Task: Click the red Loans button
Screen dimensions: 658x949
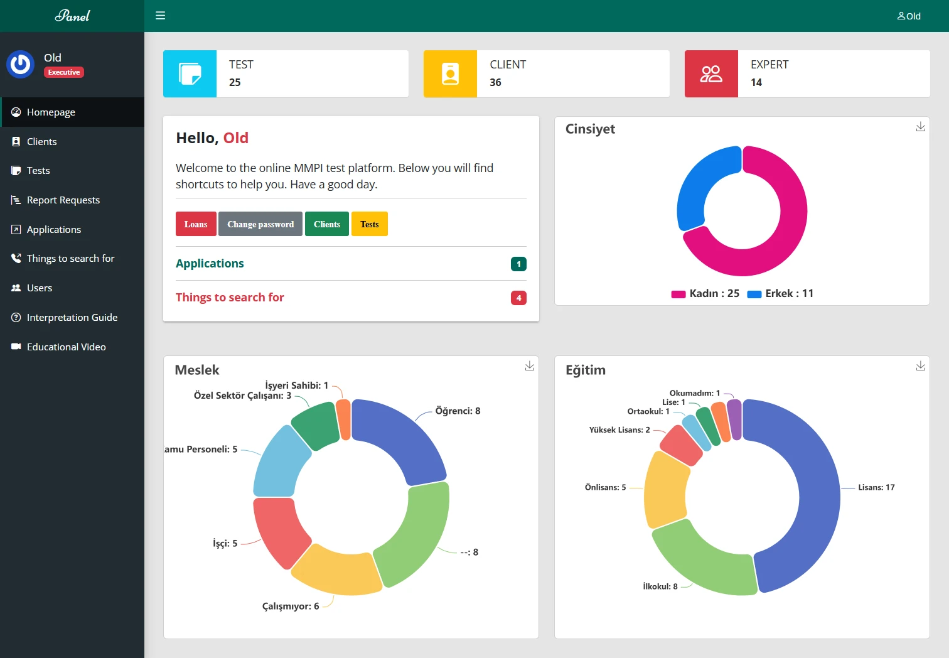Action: point(196,224)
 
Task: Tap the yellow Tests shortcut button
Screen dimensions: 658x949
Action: point(370,224)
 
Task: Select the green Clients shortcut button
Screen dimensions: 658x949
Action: point(326,224)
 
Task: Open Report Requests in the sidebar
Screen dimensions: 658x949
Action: point(63,200)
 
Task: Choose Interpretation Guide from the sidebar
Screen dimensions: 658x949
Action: point(72,318)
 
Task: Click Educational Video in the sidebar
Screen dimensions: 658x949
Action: point(66,347)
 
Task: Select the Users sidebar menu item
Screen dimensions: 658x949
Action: point(39,288)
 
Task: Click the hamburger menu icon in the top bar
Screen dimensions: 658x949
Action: point(161,16)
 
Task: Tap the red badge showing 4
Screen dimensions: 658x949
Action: point(518,298)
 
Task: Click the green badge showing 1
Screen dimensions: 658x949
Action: point(518,264)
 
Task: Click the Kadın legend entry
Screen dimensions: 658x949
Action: point(705,294)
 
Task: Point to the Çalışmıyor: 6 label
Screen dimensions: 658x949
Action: point(291,607)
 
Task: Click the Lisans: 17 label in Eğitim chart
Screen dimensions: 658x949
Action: point(876,488)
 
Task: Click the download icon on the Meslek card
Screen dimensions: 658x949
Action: point(530,366)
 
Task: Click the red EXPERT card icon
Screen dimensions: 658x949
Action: point(711,74)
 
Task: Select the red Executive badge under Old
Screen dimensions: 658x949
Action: point(64,72)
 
